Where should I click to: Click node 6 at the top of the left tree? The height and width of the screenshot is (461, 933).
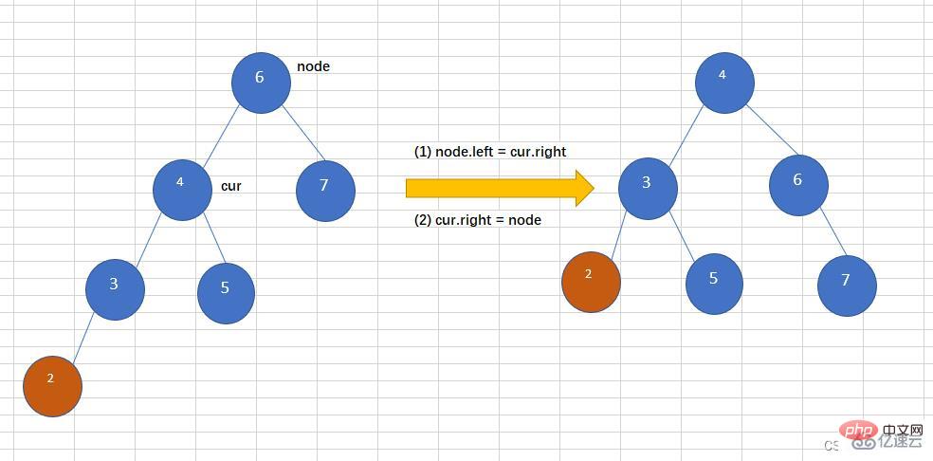[261, 83]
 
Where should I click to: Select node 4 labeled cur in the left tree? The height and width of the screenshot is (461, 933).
[182, 190]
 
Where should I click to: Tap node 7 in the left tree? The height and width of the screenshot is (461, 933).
[325, 192]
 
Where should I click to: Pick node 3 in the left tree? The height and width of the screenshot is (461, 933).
[115, 289]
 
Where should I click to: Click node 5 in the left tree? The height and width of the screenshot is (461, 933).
[226, 294]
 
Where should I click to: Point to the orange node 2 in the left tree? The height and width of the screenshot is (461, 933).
[52, 387]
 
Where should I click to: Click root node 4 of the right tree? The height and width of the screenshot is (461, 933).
[724, 83]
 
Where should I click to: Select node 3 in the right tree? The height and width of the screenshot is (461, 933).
[648, 189]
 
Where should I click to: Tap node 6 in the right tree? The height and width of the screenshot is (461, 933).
[798, 185]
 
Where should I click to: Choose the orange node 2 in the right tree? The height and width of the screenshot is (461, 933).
[591, 282]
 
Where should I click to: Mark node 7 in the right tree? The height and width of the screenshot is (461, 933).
[847, 286]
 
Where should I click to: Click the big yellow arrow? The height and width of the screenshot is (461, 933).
[500, 188]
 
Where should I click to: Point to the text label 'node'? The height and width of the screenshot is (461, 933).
[313, 66]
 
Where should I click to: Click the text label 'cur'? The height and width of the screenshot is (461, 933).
[230, 186]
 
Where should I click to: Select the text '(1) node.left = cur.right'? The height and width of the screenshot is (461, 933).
[490, 152]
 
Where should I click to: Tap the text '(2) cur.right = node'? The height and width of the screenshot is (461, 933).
[478, 220]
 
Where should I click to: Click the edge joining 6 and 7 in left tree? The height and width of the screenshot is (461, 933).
[303, 134]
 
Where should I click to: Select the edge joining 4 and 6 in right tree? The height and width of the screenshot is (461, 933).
[772, 130]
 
